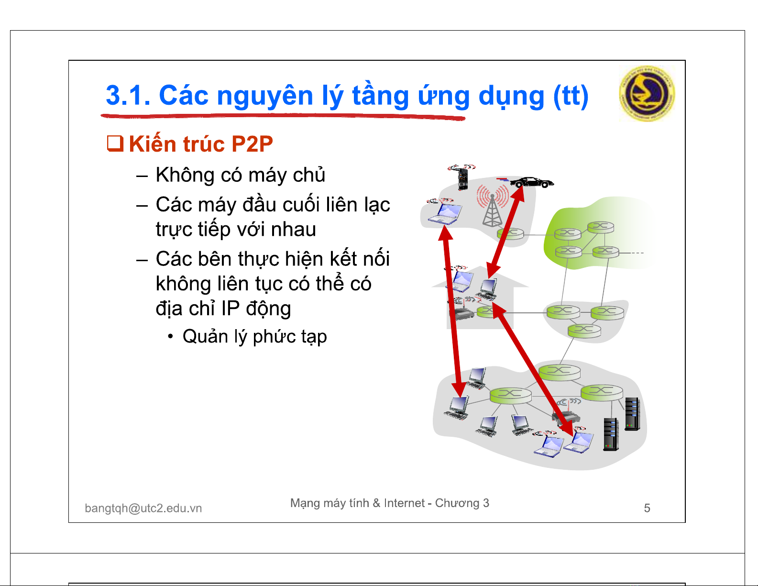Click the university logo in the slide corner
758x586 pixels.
click(x=647, y=93)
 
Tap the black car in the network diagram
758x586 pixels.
click(x=531, y=182)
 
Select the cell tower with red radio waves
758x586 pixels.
click(x=493, y=206)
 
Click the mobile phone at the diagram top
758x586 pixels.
click(x=462, y=177)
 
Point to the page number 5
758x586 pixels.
click(x=647, y=508)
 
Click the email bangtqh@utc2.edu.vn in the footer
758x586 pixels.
click(x=143, y=508)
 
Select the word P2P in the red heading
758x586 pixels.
click(x=252, y=144)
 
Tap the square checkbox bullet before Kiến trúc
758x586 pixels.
click(x=115, y=144)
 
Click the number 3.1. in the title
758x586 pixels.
click(x=128, y=95)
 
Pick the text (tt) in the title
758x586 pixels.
click(x=571, y=95)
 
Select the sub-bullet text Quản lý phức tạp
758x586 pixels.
click(x=254, y=337)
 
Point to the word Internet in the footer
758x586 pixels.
click(x=404, y=503)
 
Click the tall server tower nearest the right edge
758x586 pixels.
click(x=632, y=414)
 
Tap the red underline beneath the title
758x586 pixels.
click(x=283, y=117)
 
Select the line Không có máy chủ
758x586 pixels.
click(x=241, y=175)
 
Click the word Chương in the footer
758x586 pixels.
click(x=457, y=503)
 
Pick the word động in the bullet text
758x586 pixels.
click(x=268, y=309)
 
